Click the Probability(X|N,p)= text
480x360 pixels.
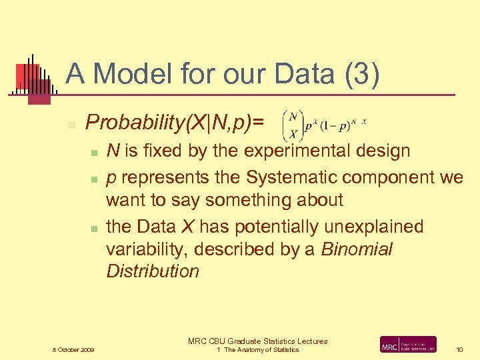[x=175, y=122]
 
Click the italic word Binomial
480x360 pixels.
[x=357, y=249]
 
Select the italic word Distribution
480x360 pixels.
[x=153, y=271]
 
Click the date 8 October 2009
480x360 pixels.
[x=73, y=349]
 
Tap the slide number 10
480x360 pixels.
[x=459, y=349]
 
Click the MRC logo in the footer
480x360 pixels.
[x=408, y=344]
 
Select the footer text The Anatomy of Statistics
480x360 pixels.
[x=261, y=350]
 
